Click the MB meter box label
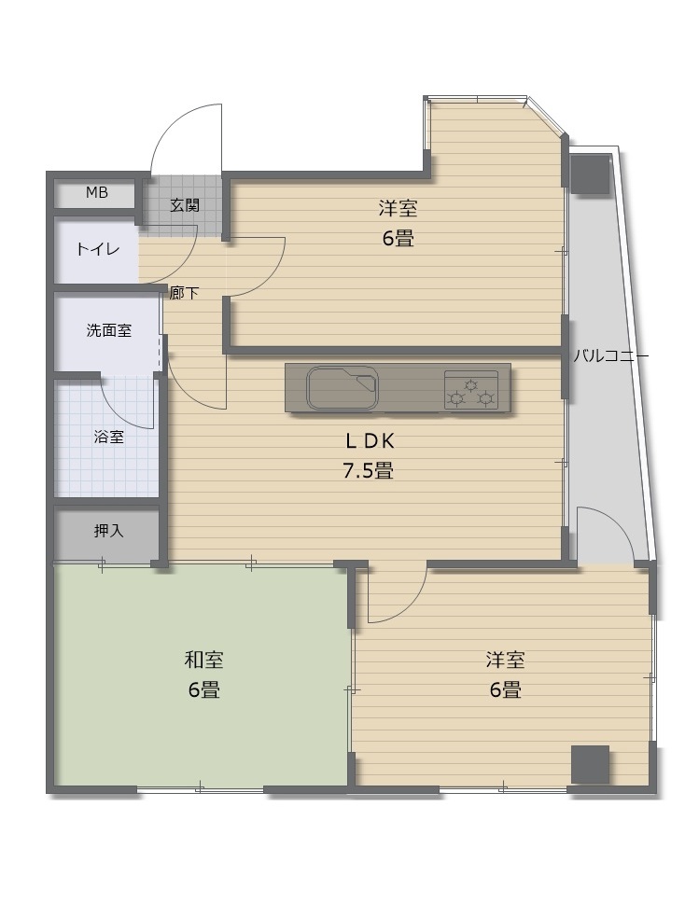point(97,192)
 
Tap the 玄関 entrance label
point(185,204)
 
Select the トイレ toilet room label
point(97,250)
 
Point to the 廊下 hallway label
point(184,293)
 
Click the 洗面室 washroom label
point(109,330)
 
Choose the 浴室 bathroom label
point(109,437)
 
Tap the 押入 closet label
point(109,531)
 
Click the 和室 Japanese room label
point(204,660)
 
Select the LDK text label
point(370,441)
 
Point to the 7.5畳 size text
point(369,471)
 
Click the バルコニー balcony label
point(610,356)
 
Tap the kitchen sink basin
point(343,387)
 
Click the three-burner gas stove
point(471,390)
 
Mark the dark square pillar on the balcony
point(590,174)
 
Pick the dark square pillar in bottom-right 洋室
point(590,764)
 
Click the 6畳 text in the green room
point(204,690)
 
